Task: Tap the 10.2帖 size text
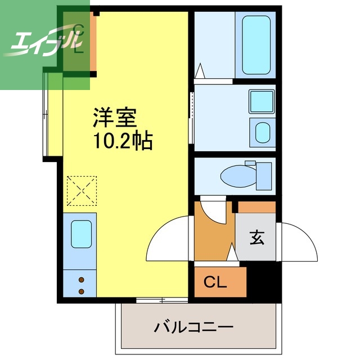[x=121, y=141]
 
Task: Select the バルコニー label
[x=193, y=326]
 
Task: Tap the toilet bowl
[x=238, y=175]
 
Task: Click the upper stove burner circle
[x=80, y=280]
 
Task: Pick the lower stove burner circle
[x=80, y=291]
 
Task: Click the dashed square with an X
[x=82, y=191]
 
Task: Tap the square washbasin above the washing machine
[x=260, y=102]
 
